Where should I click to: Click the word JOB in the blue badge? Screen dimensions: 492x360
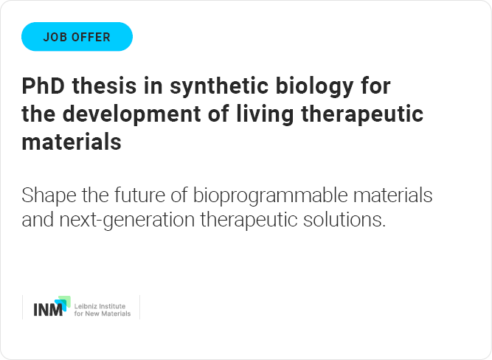coord(55,37)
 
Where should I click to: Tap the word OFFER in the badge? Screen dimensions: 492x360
coord(91,37)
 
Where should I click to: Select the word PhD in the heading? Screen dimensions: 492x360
coord(44,86)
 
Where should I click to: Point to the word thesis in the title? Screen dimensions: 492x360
coord(105,86)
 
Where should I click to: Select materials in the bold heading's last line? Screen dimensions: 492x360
coord(72,142)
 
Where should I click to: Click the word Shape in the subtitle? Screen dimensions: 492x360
coord(49,195)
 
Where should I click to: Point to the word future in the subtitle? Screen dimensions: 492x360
coord(139,195)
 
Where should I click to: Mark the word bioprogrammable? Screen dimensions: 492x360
coord(270,195)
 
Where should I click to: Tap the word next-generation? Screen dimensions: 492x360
coord(127,220)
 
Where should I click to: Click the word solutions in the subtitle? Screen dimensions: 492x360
coord(344,219)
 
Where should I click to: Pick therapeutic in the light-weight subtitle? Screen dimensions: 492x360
coord(249,220)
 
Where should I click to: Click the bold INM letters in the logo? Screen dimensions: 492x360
coord(48,310)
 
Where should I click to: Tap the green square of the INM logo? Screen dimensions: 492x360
coord(65,300)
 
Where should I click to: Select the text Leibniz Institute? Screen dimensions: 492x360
coord(100,306)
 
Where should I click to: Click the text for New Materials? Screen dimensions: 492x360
coord(103,314)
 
